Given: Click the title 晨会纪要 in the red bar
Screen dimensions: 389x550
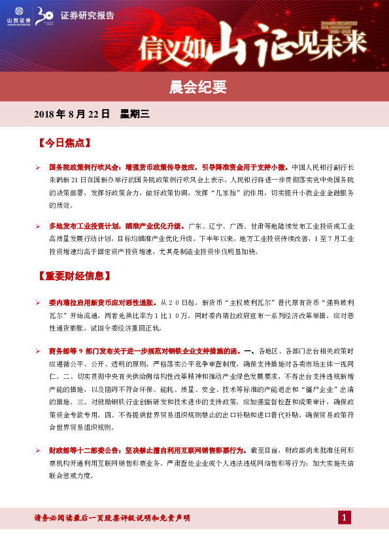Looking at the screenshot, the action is coord(194,86).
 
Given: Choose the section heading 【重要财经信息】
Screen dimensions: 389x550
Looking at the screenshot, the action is coord(72,275).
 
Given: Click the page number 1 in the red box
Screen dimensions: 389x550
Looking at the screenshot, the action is coord(345,518).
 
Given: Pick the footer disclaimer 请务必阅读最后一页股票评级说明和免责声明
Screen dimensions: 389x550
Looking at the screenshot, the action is coord(112,518).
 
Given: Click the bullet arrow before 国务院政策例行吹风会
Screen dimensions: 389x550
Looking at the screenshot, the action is coord(38,168).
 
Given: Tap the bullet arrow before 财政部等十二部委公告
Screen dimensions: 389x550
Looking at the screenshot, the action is coord(38,451).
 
